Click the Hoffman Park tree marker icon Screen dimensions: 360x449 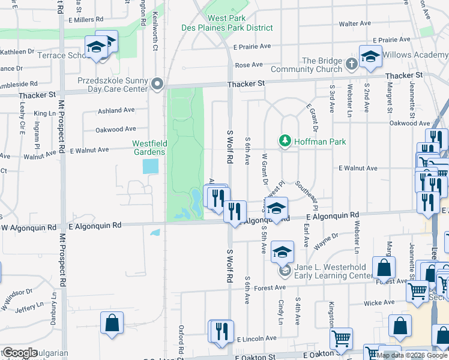point(284,142)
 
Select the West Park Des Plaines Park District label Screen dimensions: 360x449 point(228,23)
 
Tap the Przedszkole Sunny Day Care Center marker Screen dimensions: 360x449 point(158,83)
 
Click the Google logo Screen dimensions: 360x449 point(19,353)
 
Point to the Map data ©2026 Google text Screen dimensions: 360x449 point(411,355)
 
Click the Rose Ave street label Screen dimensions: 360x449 point(249,65)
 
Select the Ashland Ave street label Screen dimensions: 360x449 point(116,110)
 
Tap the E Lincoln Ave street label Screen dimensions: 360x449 point(256,339)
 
